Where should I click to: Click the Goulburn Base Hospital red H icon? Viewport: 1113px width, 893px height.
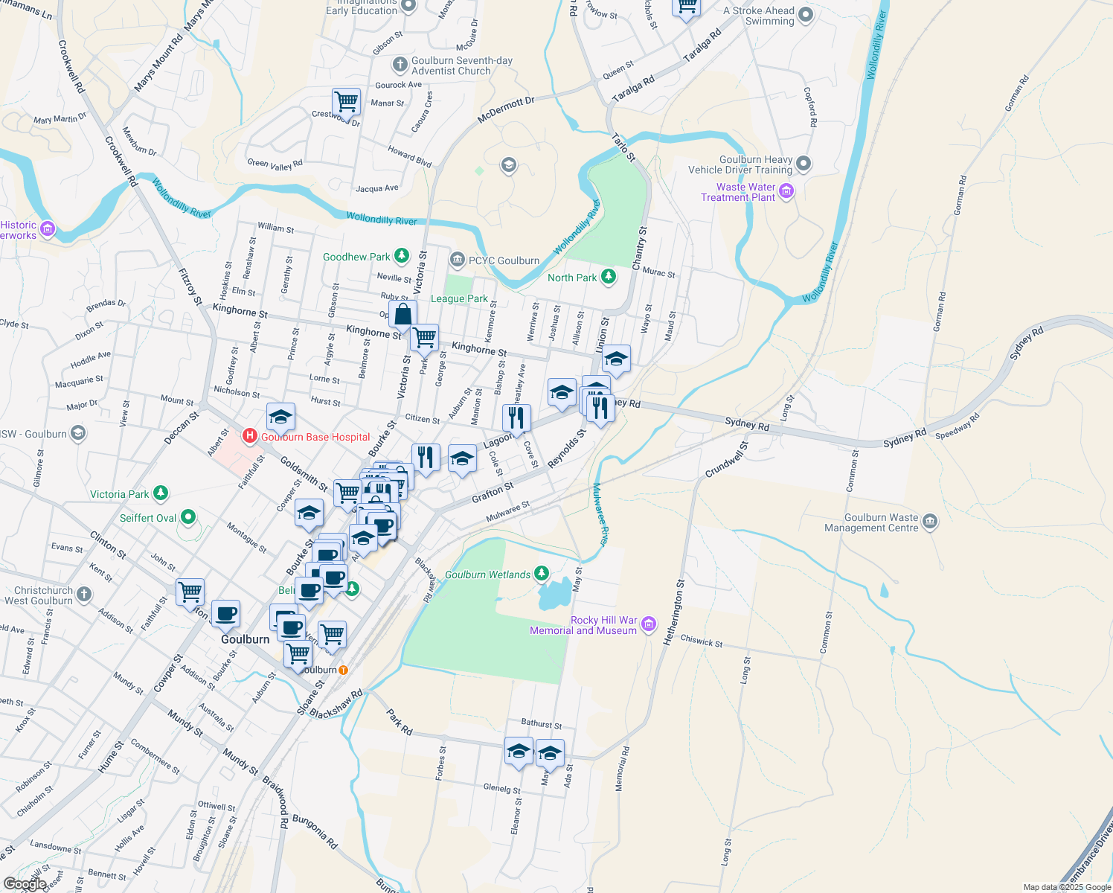(x=250, y=435)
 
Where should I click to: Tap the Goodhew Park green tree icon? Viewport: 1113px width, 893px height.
(x=402, y=257)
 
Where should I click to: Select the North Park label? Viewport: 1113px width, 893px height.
(x=572, y=278)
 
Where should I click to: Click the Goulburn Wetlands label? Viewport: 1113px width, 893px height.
(x=488, y=574)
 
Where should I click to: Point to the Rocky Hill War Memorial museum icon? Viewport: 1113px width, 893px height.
(x=649, y=624)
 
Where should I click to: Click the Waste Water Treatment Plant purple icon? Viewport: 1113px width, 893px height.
(x=786, y=191)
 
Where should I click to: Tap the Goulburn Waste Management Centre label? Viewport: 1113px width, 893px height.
(x=871, y=522)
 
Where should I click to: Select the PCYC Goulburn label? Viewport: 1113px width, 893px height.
(x=504, y=260)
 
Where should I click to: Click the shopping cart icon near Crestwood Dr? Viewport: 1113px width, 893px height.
(x=346, y=101)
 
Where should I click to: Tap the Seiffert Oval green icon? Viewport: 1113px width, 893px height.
(x=188, y=516)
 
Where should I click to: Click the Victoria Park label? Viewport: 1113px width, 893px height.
(x=119, y=494)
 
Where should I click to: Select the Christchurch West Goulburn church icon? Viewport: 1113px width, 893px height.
(x=84, y=594)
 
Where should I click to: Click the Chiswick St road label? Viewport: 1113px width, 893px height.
(x=702, y=641)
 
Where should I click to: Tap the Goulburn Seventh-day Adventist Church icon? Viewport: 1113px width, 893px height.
(x=400, y=65)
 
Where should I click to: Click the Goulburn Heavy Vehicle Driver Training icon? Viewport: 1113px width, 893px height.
(x=804, y=163)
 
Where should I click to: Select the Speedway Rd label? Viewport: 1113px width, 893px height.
(x=957, y=429)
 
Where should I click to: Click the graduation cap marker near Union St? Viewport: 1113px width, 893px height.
(x=616, y=359)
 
